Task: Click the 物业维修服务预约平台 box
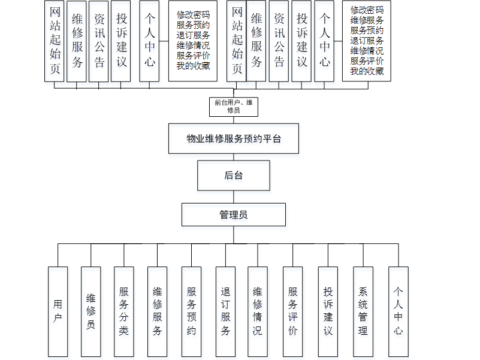tap(234, 138)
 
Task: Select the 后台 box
tap(234, 175)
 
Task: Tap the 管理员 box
tap(234, 214)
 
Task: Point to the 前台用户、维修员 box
tap(234, 107)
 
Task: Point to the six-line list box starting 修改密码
tap(193, 41)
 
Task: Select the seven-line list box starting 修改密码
tap(367, 41)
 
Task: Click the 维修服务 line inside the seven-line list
tap(367, 20)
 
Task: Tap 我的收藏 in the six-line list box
tap(193, 65)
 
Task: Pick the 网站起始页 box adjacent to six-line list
tap(236, 41)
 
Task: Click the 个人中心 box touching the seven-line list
tap(324, 41)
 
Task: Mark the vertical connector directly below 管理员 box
tap(234, 235)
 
